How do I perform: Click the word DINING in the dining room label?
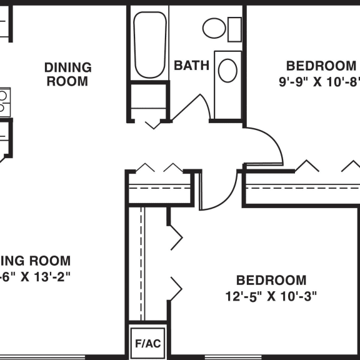pyautogui.click(x=67, y=67)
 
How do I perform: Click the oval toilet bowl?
pyautogui.click(x=214, y=28)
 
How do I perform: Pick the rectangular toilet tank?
pyautogui.click(x=234, y=28)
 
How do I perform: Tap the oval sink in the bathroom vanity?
pyautogui.click(x=227, y=70)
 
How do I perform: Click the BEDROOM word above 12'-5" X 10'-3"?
pyautogui.click(x=271, y=281)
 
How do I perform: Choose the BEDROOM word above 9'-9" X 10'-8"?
pyautogui.click(x=321, y=66)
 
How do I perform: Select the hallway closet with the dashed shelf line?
pyautogui.click(x=159, y=187)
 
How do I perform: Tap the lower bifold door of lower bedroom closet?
pyautogui.click(x=174, y=289)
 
